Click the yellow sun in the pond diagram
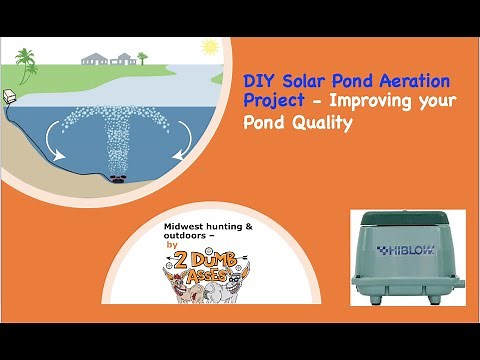pyautogui.click(x=210, y=46)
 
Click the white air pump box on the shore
pyautogui.click(x=7, y=96)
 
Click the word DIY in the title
pyautogui.click(x=258, y=80)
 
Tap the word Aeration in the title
pyautogui.click(x=414, y=80)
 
